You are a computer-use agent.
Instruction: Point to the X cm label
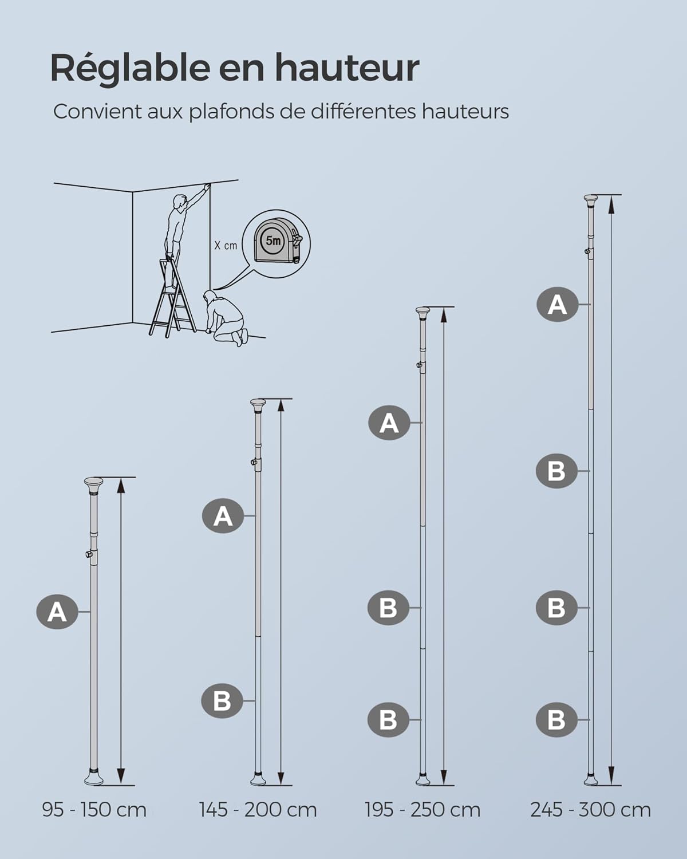[226, 246]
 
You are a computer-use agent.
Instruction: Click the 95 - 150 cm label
[94, 810]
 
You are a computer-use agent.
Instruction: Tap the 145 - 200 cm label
[258, 810]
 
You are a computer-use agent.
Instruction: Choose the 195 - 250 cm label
[423, 810]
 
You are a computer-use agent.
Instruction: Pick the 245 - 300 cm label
[590, 810]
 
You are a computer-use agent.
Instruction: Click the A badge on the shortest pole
[57, 612]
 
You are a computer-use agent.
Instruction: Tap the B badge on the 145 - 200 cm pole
[222, 700]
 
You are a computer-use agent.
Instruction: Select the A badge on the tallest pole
[556, 304]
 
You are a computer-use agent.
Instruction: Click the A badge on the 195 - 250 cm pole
[389, 423]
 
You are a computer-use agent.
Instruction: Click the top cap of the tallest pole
[590, 200]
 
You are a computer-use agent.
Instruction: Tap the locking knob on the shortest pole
[88, 554]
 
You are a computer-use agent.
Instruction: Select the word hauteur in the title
[347, 69]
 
